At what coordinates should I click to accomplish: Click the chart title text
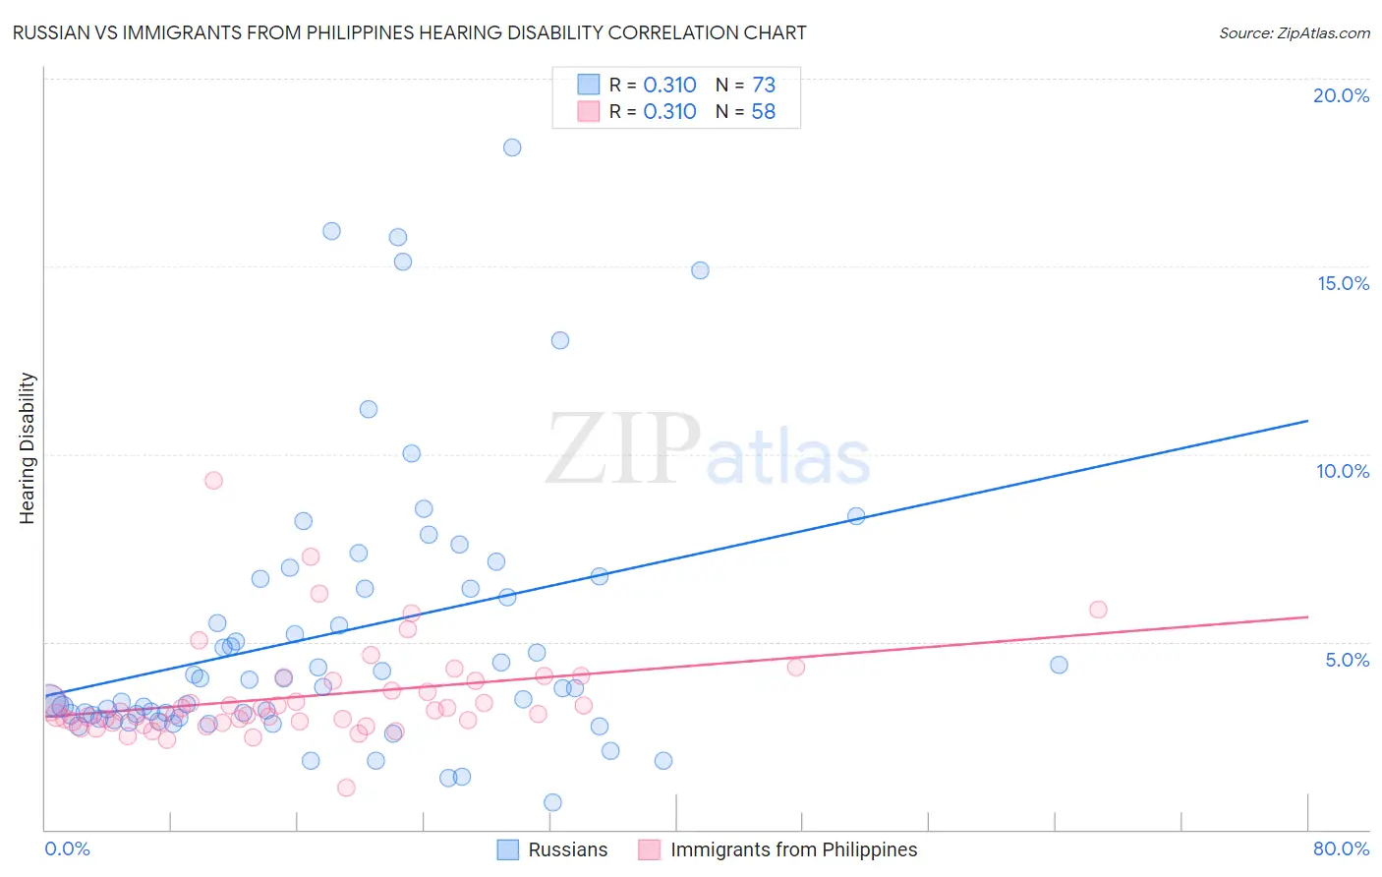(409, 33)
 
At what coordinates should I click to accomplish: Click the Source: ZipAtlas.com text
(1294, 33)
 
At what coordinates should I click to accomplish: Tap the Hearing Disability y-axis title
(28, 448)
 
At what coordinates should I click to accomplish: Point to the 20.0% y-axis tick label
(1341, 95)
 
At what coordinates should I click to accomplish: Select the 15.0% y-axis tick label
(1343, 283)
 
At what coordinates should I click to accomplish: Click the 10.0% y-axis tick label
(1343, 471)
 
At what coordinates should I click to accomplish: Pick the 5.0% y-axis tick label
(1347, 660)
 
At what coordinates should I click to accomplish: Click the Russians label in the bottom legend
(567, 850)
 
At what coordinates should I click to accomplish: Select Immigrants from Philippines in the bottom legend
(793, 850)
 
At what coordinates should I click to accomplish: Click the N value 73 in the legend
(764, 86)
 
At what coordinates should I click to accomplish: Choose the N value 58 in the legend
(764, 112)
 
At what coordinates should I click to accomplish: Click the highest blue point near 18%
(512, 147)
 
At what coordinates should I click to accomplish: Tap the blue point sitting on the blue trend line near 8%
(856, 516)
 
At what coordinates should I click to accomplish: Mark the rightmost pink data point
(1098, 610)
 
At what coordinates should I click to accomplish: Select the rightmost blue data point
(1059, 665)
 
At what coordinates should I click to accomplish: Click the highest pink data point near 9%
(213, 481)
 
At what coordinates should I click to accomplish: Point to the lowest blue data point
(552, 802)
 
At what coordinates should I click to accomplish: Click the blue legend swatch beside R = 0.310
(588, 86)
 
